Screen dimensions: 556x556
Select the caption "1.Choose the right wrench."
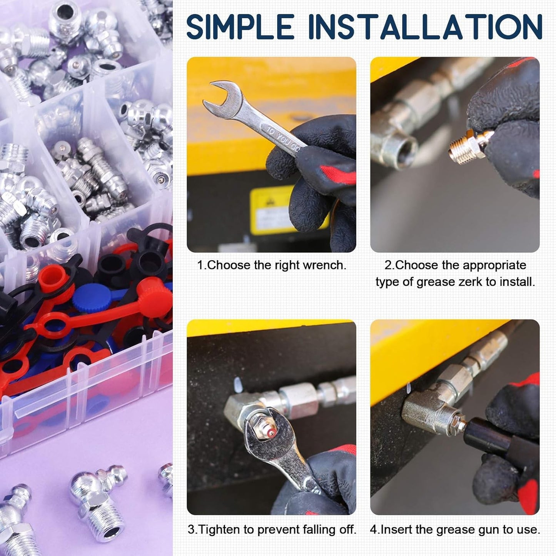[x=272, y=265]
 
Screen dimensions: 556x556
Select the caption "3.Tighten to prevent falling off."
[x=272, y=529]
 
